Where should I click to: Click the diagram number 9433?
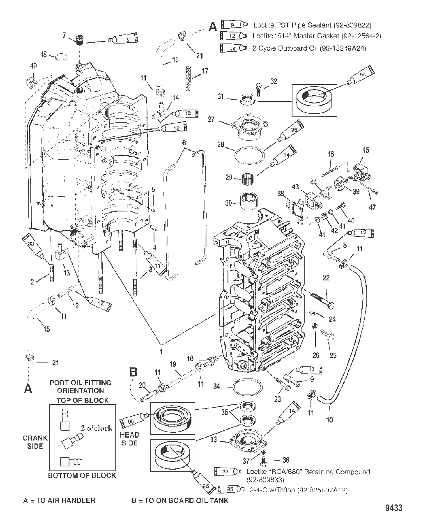tap(393, 508)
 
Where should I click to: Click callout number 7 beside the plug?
tap(64, 35)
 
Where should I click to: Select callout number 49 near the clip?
tap(34, 66)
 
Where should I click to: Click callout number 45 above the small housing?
tap(366, 150)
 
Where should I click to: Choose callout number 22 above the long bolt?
tap(326, 278)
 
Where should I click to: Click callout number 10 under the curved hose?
tap(329, 420)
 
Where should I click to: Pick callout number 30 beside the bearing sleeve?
tap(229, 202)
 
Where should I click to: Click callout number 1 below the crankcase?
tap(161, 352)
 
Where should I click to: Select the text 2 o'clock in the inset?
tap(97, 428)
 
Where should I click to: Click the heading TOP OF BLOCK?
tap(82, 400)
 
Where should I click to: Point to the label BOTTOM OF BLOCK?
tap(82, 475)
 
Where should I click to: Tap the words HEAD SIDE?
tap(129, 438)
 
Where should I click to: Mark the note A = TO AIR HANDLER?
tap(60, 500)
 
